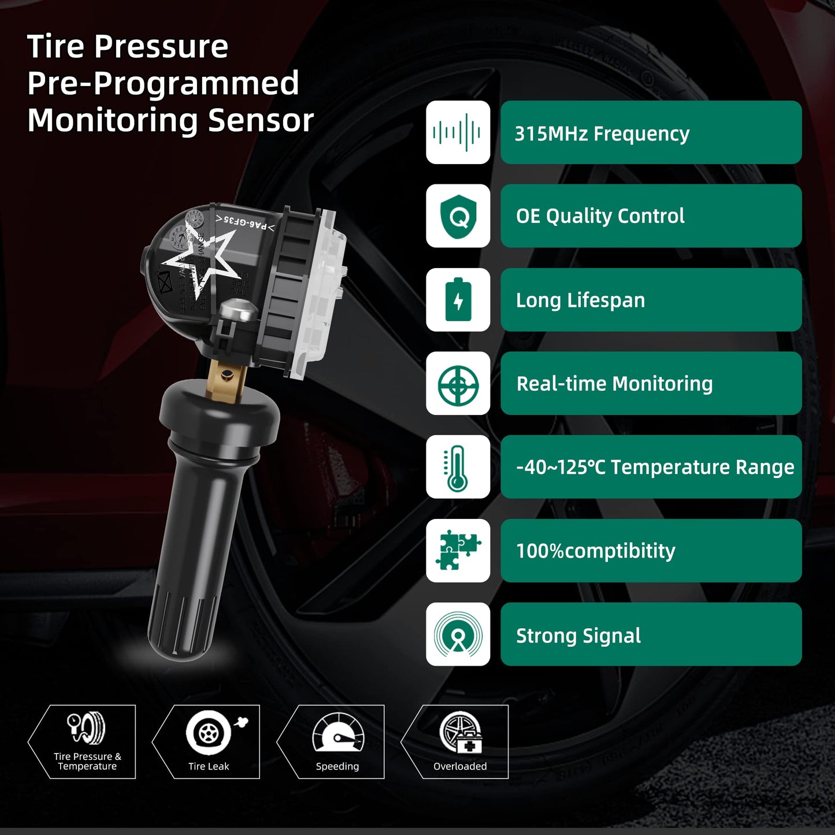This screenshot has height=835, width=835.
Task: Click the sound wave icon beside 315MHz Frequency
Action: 458,132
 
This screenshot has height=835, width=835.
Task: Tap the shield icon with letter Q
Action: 458,216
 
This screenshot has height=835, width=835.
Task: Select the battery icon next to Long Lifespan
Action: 458,300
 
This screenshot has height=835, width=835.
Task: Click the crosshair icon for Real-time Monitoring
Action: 458,384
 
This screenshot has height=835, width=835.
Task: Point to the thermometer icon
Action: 458,467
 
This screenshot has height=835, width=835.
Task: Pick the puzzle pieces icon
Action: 458,551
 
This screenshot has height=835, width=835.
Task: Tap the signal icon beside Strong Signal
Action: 458,634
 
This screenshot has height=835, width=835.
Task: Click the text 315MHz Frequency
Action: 602,133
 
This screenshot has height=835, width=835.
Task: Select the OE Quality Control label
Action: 600,216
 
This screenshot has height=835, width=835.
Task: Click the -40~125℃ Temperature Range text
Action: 655,467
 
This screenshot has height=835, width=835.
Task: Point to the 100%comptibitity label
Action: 595,551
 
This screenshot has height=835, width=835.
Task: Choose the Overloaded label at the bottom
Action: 460,766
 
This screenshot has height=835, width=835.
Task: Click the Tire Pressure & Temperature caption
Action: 87,761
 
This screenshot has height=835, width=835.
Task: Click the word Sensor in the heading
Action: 261,120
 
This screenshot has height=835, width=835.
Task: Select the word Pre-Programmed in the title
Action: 163,83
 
